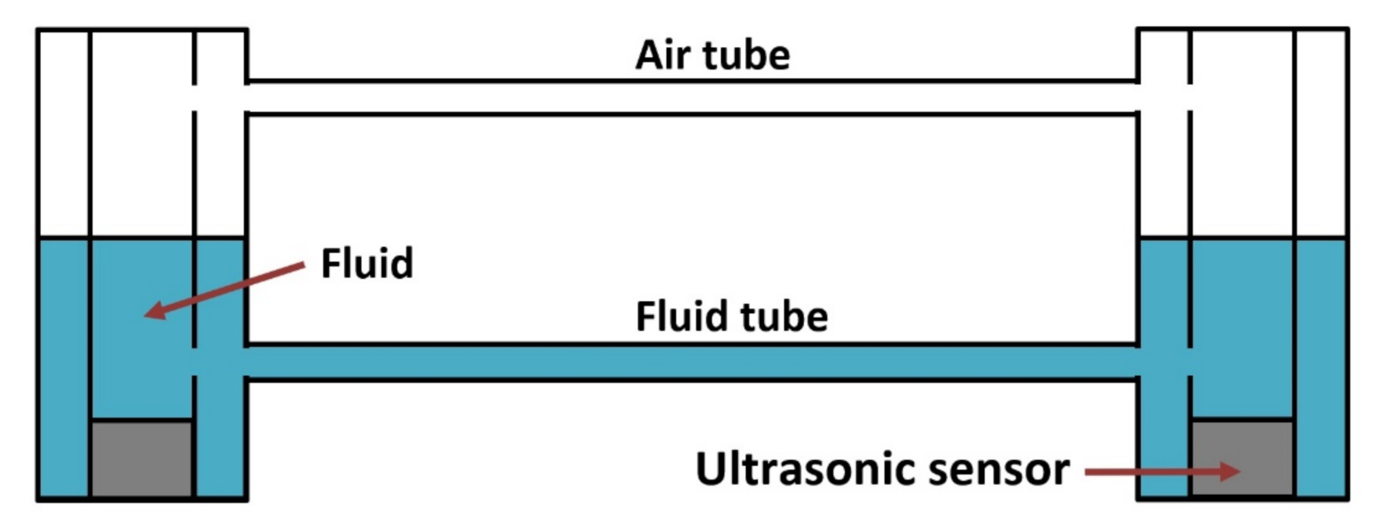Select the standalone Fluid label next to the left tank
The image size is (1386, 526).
point(367,263)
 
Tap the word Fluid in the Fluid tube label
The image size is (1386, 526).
point(676,316)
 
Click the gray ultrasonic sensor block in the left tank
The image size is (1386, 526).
point(142,459)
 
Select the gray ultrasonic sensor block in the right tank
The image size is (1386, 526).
point(1242,459)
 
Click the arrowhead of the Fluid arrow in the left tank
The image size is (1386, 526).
point(155,310)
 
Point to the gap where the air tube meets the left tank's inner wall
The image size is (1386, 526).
point(195,97)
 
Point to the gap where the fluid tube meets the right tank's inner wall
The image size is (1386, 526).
point(1190,362)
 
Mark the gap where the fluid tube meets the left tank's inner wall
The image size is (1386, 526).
point(195,362)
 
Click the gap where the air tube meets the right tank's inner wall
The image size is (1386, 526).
point(1190,96)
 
